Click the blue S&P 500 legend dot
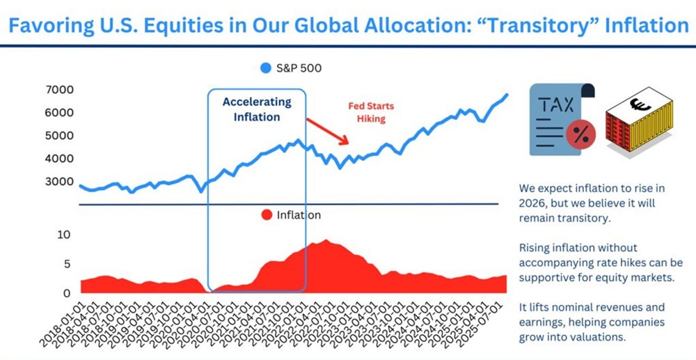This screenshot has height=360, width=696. pos(265,68)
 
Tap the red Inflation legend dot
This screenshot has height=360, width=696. pos(265,215)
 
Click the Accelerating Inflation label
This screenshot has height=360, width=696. pos(257,109)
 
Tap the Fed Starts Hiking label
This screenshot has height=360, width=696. pos(371,113)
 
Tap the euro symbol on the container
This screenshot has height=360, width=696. pos(636,106)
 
